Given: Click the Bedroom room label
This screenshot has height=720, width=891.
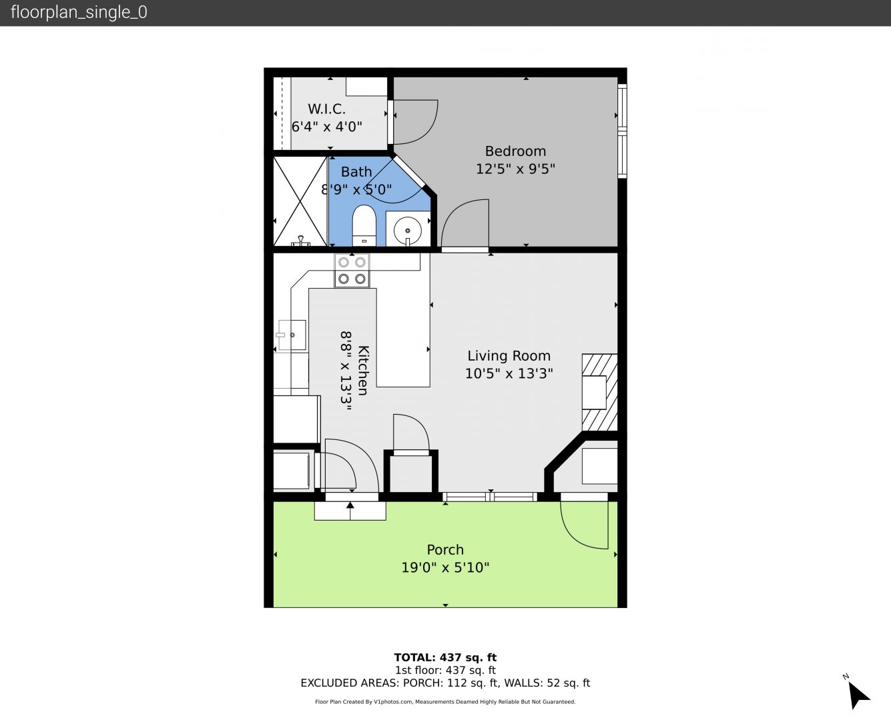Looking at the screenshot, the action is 515,151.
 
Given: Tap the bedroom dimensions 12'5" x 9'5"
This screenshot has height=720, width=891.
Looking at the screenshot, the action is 515,169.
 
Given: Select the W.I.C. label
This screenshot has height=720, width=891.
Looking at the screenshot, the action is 327,109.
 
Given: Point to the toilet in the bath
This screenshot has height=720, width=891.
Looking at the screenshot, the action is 364,225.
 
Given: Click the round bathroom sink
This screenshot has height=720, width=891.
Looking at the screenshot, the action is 407,230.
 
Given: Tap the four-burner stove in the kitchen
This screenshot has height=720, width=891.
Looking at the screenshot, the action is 352,271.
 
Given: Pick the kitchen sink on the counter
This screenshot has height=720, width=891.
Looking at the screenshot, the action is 292,335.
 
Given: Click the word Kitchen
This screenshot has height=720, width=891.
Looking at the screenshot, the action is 362,370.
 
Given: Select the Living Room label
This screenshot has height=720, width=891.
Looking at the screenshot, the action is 509,355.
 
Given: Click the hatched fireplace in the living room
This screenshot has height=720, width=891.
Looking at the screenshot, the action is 600,393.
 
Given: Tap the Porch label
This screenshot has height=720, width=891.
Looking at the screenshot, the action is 445,549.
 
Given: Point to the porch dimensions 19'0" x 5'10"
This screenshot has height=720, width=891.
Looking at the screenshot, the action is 445,567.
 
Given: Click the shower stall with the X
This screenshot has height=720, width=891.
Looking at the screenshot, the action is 300,201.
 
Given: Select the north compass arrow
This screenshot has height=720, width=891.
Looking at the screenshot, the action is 858,697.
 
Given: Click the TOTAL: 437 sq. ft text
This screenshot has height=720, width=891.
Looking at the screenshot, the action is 445,658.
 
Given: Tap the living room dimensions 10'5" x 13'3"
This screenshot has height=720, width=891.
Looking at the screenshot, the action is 509,373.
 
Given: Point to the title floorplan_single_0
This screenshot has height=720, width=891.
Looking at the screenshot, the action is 79,12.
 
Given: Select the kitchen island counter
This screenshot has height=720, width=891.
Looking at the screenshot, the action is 403,337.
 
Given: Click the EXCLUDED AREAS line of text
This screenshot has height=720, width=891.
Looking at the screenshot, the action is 445,683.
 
